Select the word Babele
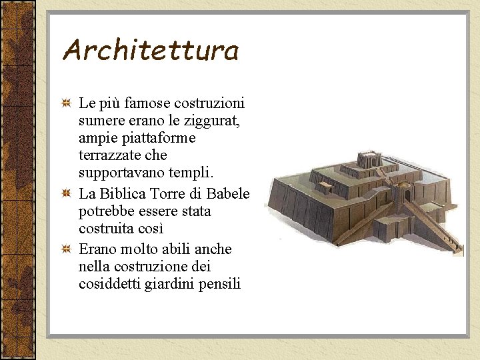click(x=228, y=194)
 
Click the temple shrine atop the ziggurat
click(x=368, y=160)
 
